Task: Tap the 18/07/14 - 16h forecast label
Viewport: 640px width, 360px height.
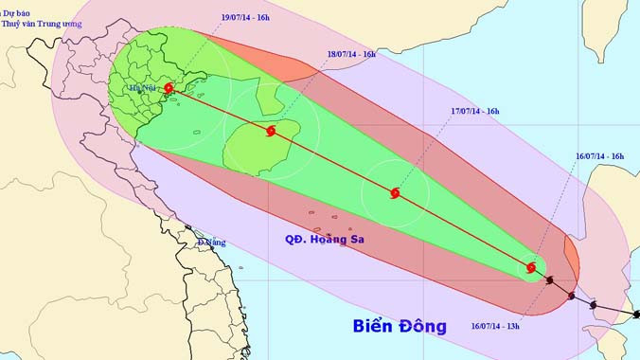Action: click(351, 54)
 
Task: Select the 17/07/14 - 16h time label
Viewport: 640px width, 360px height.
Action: click(474, 112)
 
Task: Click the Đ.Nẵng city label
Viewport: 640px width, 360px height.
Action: click(212, 243)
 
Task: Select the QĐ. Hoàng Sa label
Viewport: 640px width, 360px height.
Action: click(325, 240)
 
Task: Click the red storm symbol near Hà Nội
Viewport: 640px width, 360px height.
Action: click(169, 89)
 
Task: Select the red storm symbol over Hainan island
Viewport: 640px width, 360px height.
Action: click(271, 130)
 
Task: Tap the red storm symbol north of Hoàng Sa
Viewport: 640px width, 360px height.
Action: click(394, 194)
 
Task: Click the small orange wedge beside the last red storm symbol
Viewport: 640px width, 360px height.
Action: click(571, 254)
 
